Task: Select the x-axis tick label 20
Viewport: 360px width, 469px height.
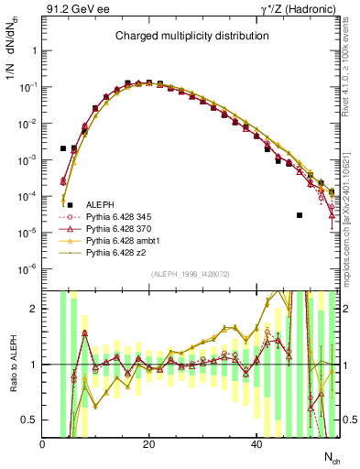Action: click(x=149, y=444)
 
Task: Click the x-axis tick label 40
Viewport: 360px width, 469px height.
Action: click(x=256, y=444)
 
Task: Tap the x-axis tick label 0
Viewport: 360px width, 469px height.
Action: click(x=42, y=444)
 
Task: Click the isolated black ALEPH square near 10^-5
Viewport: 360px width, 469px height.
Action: click(x=300, y=215)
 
